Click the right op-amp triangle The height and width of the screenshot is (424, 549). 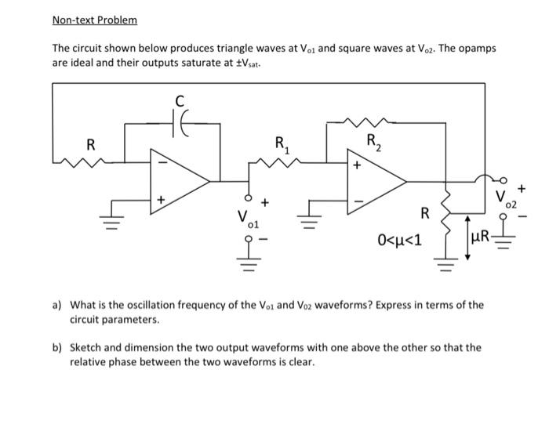pyautogui.click(x=375, y=183)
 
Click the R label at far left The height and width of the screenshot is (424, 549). pyautogui.click(x=91, y=145)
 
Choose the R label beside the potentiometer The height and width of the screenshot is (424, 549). pyautogui.click(x=424, y=212)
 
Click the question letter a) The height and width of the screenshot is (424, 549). pyautogui.click(x=59, y=305)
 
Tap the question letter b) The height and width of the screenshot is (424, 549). pyautogui.click(x=59, y=347)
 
